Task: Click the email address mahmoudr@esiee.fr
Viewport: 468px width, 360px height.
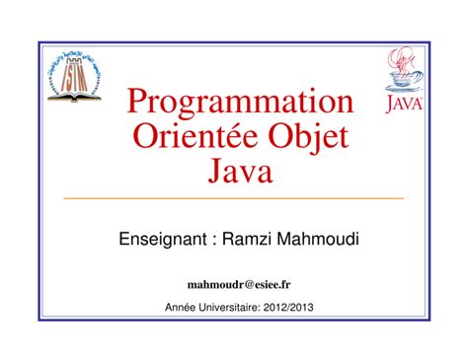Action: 234,284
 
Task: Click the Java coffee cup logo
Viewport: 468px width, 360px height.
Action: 401,80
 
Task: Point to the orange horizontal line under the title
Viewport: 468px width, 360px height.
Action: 234,198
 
